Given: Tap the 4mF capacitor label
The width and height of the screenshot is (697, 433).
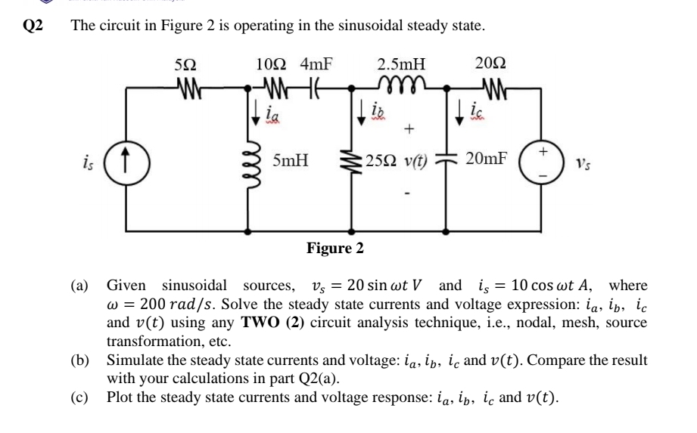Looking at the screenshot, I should tap(319, 66).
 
